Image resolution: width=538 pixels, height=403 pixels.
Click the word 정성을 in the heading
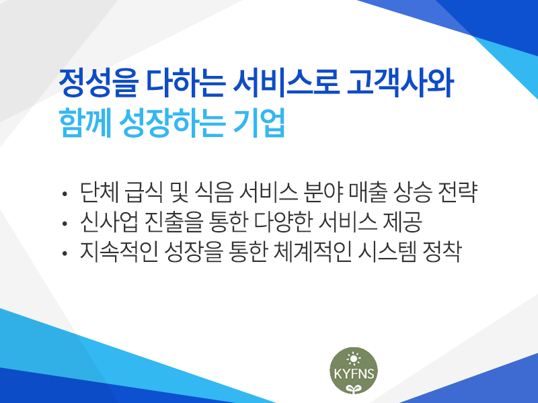tap(99, 83)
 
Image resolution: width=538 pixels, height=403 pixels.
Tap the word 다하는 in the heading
tap(186, 83)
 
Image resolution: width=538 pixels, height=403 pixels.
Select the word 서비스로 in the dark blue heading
tap(286, 83)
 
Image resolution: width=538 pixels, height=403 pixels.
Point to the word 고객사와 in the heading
tap(400, 83)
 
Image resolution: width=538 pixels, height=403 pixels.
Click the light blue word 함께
tap(85, 123)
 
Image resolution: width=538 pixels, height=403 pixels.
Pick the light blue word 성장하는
tap(172, 123)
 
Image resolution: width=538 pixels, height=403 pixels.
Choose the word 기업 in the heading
tap(259, 123)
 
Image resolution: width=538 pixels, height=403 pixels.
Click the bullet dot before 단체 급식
tap(65, 194)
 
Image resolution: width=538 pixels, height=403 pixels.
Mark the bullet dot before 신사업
tap(65, 224)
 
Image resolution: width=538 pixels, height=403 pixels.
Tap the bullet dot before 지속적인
tap(65, 254)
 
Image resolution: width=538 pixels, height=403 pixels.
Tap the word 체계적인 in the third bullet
tap(313, 251)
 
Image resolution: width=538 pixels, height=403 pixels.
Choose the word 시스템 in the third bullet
tap(387, 251)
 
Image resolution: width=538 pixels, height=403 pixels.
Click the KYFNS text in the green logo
tap(354, 373)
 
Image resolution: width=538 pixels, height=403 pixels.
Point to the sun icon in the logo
tap(354, 359)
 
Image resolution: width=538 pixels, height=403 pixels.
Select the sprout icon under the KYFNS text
tap(354, 388)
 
